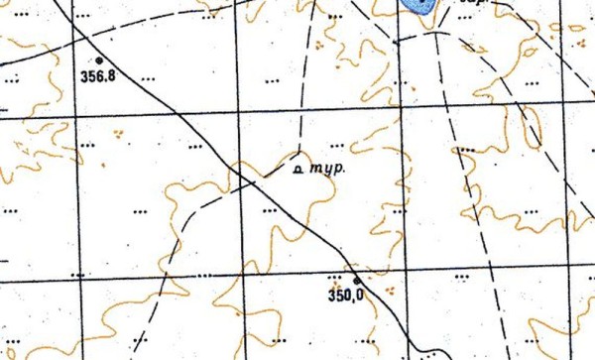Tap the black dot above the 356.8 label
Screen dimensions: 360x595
pos(98,60)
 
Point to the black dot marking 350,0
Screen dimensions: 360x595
pos(356,281)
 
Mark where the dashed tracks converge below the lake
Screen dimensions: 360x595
pos(433,32)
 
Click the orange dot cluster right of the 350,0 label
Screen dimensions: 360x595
pos(389,291)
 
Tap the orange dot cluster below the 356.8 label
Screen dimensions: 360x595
pos(119,131)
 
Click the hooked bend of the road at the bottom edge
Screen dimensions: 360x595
pos(420,348)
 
